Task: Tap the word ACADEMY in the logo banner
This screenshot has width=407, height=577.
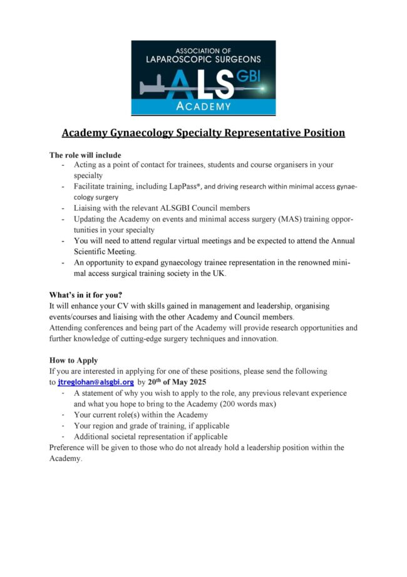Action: pyautogui.click(x=203, y=107)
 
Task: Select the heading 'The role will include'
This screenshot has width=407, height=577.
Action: pyautogui.click(x=85, y=155)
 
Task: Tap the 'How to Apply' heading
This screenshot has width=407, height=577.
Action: pyautogui.click(x=73, y=361)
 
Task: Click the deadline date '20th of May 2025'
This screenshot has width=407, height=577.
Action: pyautogui.click(x=178, y=382)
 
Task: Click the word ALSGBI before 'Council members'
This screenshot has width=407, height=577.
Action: pyautogui.click(x=182, y=208)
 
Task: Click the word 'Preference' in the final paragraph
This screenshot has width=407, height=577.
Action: pyautogui.click(x=70, y=448)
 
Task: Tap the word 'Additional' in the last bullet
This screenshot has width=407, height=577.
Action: pyautogui.click(x=93, y=437)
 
